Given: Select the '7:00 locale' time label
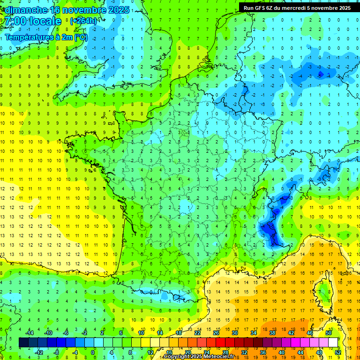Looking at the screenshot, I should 33,22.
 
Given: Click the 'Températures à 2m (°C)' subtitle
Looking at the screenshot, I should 46,37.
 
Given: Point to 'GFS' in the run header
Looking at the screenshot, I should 262,8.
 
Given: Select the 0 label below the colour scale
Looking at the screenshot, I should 93,352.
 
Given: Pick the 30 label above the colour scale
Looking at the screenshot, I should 235,333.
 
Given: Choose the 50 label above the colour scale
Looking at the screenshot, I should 329,333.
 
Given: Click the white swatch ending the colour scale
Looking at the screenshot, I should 333,342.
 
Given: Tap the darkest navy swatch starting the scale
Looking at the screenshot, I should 23,342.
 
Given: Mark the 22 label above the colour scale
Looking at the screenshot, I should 197,333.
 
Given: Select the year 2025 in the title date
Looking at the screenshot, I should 120,10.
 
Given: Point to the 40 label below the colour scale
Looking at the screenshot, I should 282,352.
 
